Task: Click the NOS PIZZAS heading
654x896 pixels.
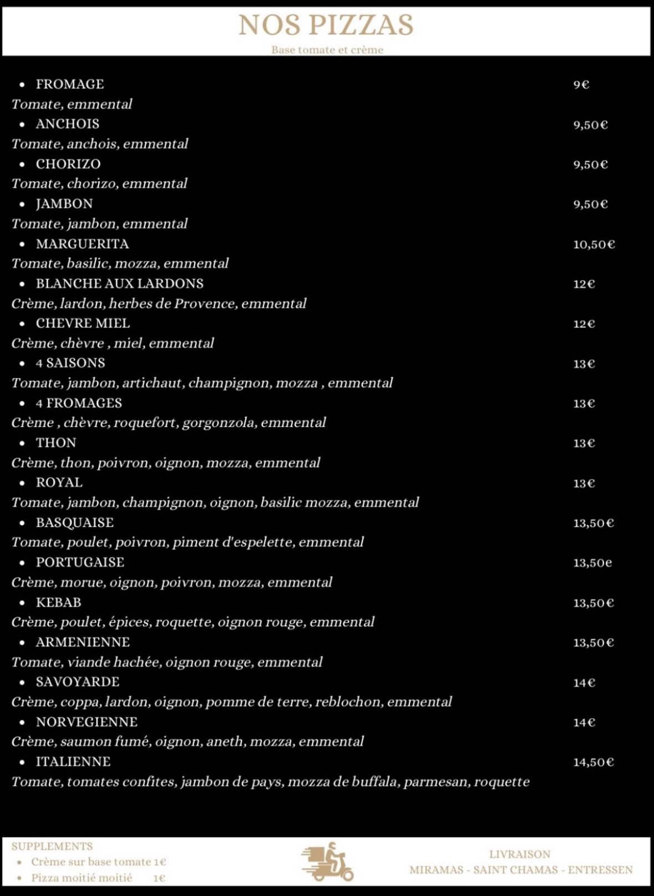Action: [x=326, y=25]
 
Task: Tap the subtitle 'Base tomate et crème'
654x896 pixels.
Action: [x=327, y=50]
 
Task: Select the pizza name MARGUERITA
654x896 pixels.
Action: [x=82, y=244]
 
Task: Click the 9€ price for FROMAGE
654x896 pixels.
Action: [x=581, y=84]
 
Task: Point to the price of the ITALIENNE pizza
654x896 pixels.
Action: [x=593, y=762]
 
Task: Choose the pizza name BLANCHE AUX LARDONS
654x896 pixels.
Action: [x=119, y=284]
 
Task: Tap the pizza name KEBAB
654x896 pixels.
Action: [x=58, y=602]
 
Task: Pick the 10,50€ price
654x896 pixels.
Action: [x=594, y=244]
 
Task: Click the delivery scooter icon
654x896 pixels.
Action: [x=327, y=862]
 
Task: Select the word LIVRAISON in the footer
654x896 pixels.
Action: [x=519, y=854]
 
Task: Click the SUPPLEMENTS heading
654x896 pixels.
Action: [x=52, y=847]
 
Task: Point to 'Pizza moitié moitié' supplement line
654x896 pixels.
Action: [x=82, y=878]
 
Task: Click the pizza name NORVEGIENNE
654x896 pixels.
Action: [x=87, y=722]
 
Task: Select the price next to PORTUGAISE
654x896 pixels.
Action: [x=592, y=563]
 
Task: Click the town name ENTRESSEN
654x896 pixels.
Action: [x=600, y=870]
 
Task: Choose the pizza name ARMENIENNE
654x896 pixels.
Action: [x=83, y=642]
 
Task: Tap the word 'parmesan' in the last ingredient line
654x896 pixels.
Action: [x=437, y=782]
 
